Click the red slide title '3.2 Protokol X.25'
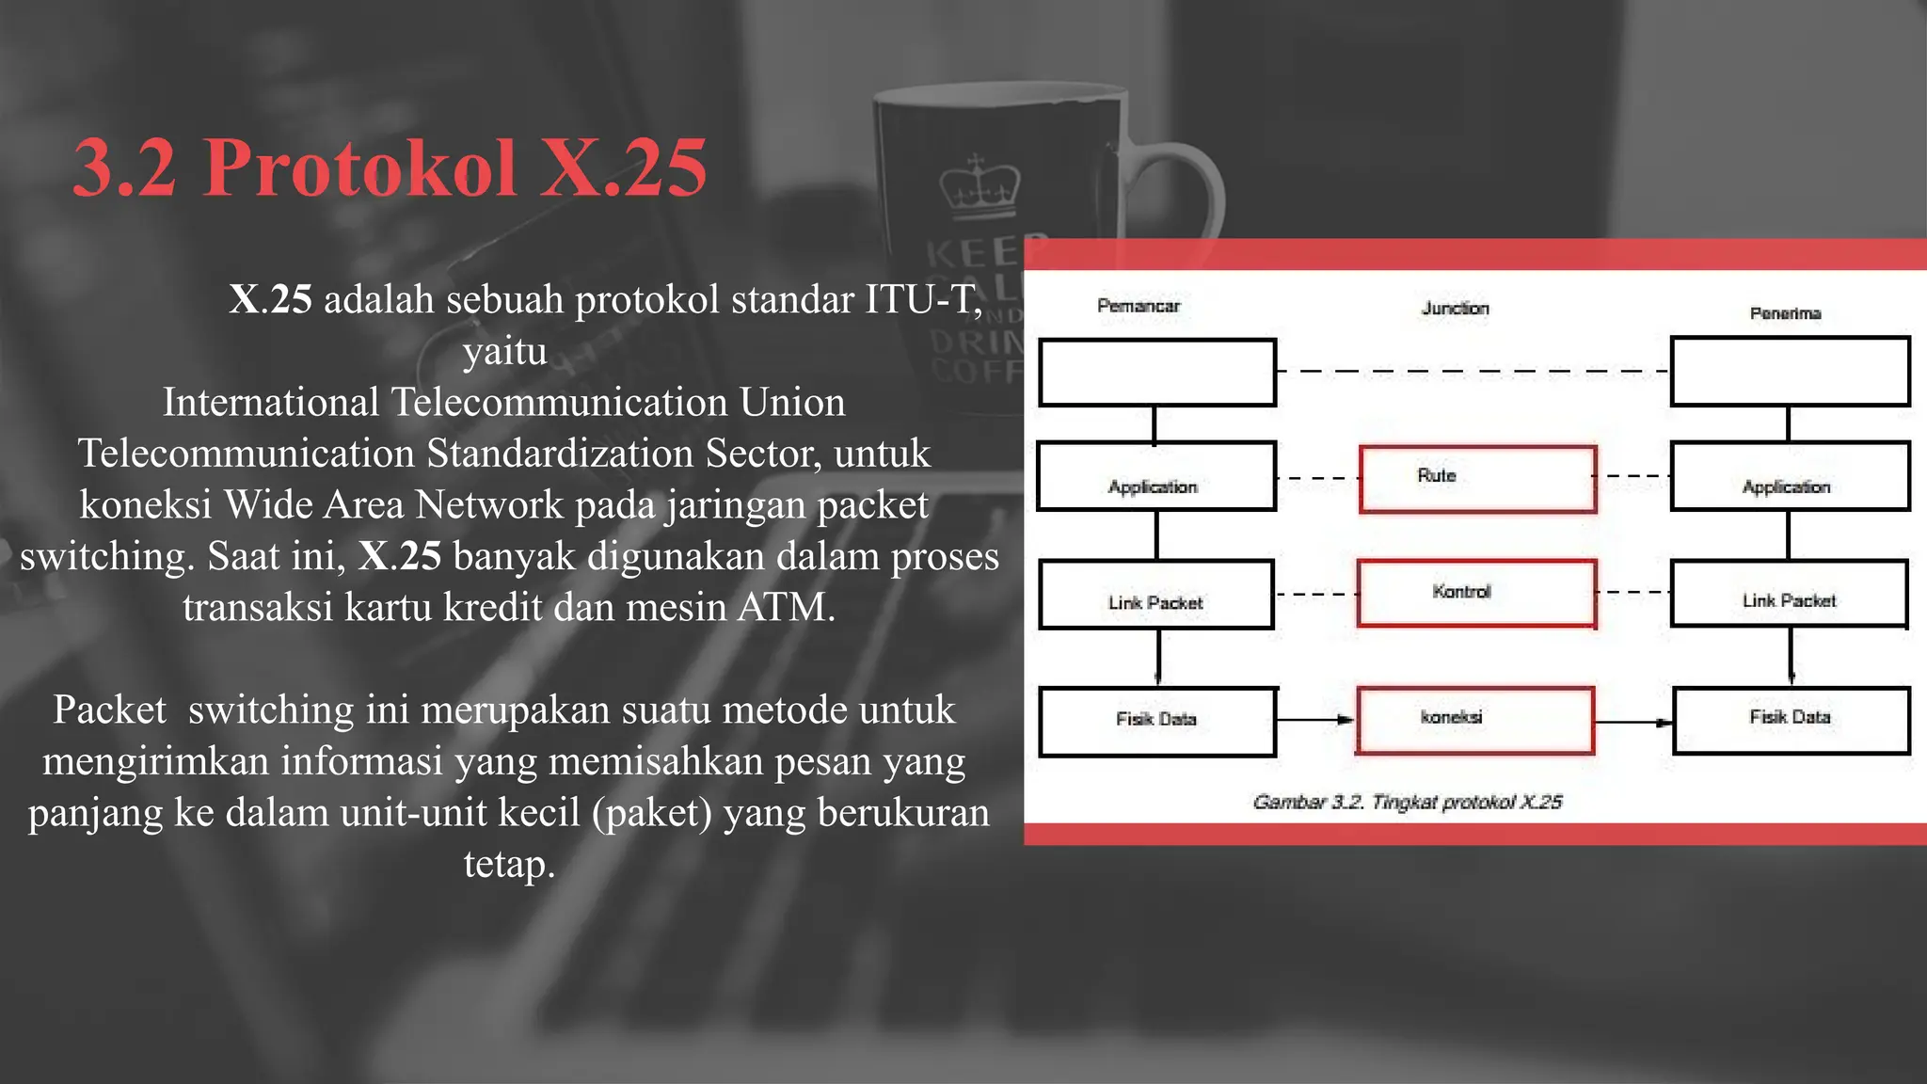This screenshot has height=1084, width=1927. (390, 167)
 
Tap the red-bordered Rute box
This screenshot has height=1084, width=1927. (1477, 479)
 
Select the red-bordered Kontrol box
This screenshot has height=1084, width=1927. (1476, 593)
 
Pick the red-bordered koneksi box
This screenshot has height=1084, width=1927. (1474, 720)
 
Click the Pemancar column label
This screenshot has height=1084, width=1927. (1138, 306)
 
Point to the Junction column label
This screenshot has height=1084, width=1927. (1455, 309)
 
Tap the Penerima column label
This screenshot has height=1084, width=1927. (1785, 313)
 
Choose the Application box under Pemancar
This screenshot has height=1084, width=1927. (1156, 476)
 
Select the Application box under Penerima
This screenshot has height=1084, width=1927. (1790, 476)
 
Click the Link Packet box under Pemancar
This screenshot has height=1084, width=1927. (1156, 595)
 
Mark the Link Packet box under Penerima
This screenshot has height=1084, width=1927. (1789, 594)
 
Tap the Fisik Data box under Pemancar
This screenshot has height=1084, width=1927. (1157, 722)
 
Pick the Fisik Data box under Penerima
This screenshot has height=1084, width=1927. (1791, 721)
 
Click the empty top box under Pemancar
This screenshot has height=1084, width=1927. (1157, 373)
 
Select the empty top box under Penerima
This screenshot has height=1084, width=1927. (1790, 372)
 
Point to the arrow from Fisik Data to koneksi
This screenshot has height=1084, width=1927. (1315, 720)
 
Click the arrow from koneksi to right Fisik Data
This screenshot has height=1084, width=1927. (1633, 723)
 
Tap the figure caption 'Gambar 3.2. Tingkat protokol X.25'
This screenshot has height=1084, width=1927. (1407, 802)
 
